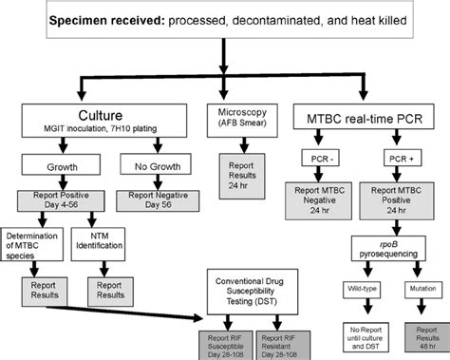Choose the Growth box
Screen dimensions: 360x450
pos(49,168)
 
